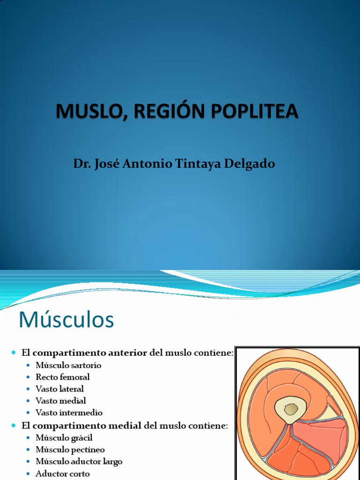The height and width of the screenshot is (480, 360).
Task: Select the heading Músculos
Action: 66,320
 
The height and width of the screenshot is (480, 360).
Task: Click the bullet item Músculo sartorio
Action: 68,365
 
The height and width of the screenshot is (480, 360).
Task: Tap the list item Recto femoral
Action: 62,377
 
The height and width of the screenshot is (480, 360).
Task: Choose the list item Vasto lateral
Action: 60,389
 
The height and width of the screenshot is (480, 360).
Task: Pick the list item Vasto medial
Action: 60,401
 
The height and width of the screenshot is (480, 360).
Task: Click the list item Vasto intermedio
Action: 69,413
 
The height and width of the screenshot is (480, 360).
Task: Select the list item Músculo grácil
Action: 64,437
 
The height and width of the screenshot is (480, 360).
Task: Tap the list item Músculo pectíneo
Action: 70,450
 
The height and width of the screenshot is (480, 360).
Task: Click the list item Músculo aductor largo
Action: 79,462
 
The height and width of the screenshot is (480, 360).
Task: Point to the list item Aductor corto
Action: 62,473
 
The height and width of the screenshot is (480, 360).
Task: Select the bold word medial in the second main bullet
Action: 126,425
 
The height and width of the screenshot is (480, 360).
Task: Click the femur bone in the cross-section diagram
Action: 291,409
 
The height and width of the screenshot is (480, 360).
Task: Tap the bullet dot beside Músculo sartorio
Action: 29,365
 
